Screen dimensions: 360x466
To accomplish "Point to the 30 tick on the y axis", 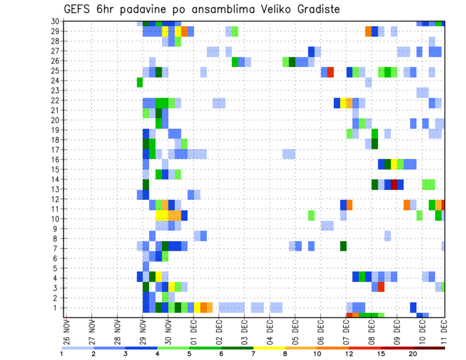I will pos(55,21).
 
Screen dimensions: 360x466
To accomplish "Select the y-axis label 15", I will pos(55,169).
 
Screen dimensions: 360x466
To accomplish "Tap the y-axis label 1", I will pos(57,308).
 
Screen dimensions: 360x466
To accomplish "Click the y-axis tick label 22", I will pos(55,100).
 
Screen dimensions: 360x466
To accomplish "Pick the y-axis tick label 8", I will pos(57,238).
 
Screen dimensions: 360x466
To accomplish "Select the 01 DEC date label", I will pos(193,332).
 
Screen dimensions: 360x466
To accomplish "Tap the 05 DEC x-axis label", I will pos(295,332).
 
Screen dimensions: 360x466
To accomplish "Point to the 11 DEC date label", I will pos(445,332).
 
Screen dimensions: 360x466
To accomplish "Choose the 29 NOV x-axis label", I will pos(143,332).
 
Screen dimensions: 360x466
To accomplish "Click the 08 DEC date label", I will pos(371,332).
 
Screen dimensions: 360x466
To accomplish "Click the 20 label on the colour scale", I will pos(413,354).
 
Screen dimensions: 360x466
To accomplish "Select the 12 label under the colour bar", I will pos(349,354).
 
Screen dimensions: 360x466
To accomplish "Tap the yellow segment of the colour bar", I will pos(269,347).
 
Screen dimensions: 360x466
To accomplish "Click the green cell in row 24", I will pos(140,82).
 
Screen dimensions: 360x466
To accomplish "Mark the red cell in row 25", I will pos(331,72).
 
